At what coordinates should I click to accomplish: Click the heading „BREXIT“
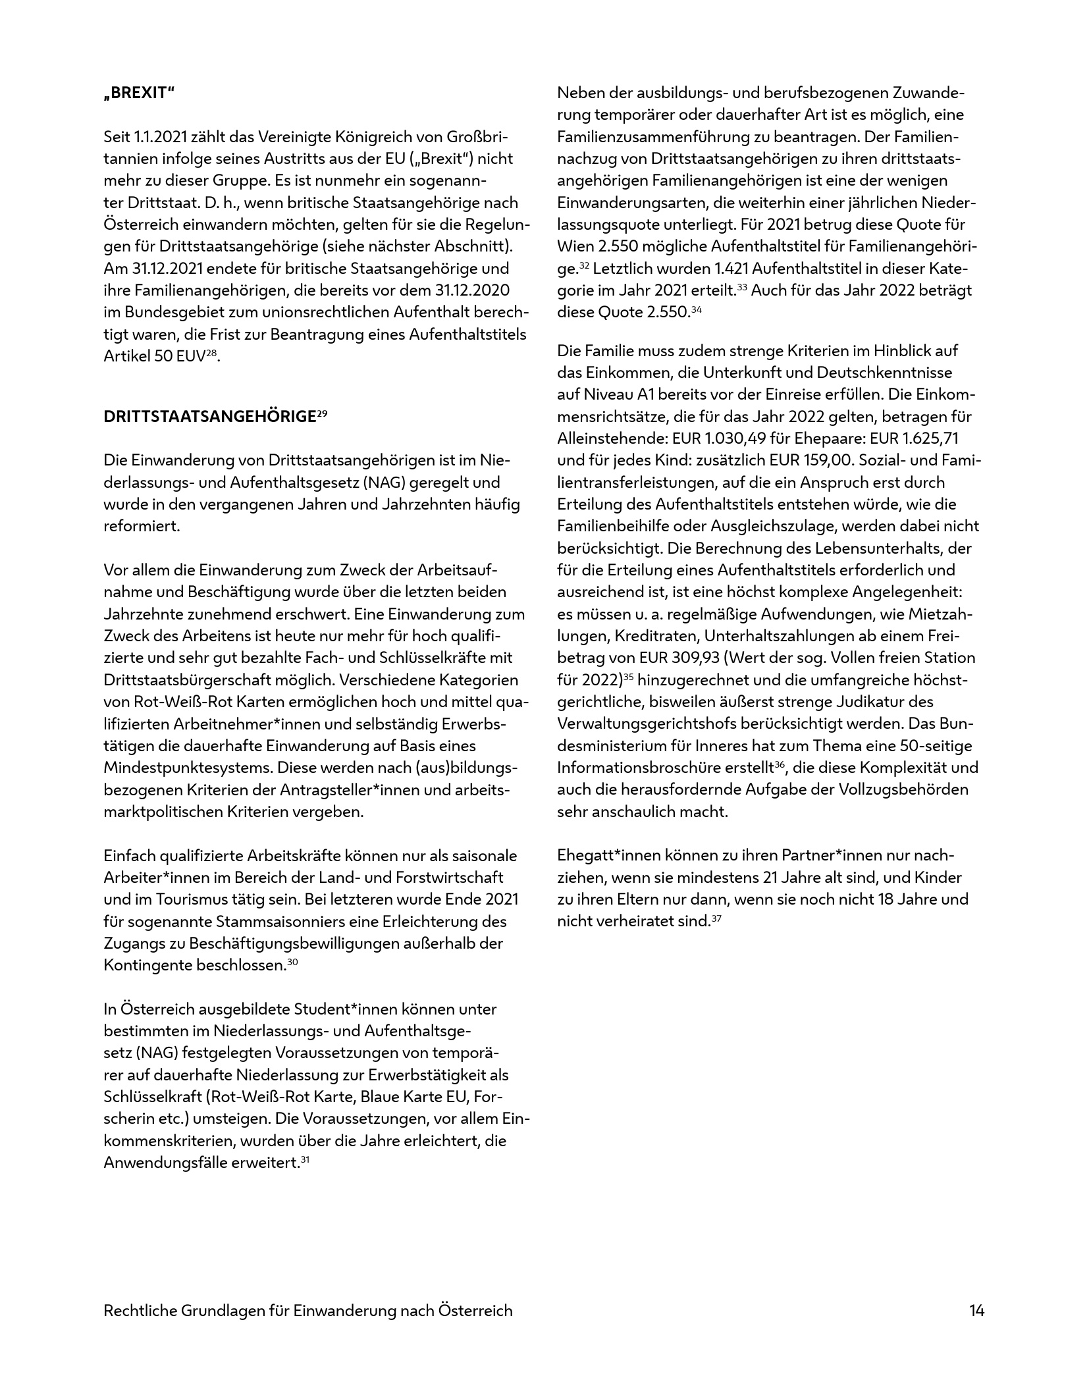(139, 93)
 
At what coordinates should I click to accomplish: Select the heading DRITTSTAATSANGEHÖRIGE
(210, 417)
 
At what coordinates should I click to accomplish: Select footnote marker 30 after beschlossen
(293, 962)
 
